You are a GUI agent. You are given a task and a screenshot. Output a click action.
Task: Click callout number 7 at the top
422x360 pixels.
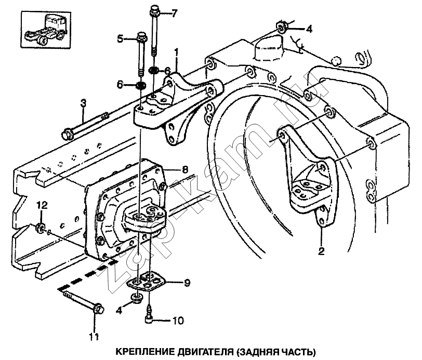click(175, 12)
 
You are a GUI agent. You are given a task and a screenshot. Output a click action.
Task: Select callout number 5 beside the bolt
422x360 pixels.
click(121, 38)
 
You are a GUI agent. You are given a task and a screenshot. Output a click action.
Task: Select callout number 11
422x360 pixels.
click(94, 337)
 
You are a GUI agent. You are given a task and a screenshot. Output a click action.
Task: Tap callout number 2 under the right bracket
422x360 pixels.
click(321, 252)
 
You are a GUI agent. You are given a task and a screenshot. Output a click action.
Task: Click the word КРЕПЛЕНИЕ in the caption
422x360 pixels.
click(137, 351)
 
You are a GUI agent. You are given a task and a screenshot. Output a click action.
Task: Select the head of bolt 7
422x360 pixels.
click(154, 10)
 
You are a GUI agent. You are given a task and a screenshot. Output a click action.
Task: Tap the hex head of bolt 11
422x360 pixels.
click(97, 309)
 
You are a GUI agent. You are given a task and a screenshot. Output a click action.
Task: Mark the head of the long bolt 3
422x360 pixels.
click(67, 134)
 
